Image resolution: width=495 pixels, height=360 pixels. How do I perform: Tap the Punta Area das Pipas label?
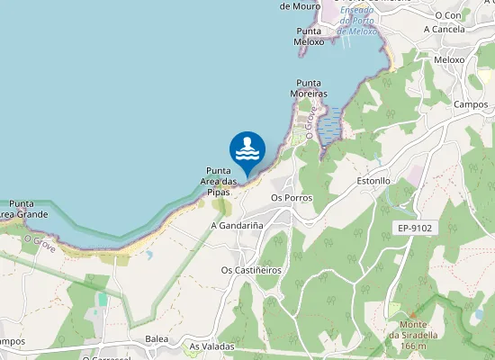(x=220, y=181)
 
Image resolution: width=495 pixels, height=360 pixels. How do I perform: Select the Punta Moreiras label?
(x=309, y=87)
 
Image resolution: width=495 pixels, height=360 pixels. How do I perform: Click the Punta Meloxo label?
(x=309, y=36)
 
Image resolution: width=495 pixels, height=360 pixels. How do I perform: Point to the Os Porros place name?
(x=290, y=197)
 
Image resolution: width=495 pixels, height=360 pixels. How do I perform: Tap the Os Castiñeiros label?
(x=251, y=269)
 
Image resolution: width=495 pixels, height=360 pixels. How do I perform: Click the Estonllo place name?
(x=373, y=180)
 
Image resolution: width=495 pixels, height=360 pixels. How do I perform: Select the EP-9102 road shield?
(x=415, y=229)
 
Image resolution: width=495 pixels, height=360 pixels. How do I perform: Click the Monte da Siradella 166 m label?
(x=406, y=335)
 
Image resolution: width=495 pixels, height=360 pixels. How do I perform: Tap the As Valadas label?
(x=211, y=346)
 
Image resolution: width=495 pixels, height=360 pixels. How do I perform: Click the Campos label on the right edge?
(x=471, y=103)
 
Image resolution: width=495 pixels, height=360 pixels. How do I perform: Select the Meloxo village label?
(x=449, y=59)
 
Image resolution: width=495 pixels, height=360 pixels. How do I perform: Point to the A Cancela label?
(x=445, y=29)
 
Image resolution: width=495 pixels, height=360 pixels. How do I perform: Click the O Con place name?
(x=447, y=14)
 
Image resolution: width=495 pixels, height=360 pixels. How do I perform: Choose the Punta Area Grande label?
(x=22, y=210)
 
